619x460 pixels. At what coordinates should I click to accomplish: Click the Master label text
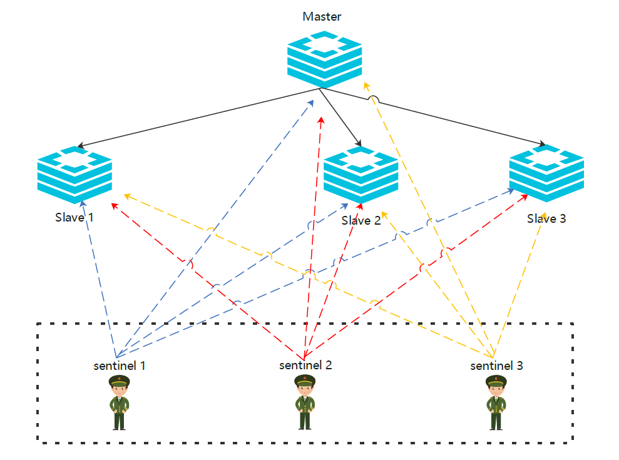click(x=322, y=16)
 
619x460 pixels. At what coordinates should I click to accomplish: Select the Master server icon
click(x=324, y=59)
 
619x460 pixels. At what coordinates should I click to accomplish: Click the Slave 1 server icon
click(x=74, y=175)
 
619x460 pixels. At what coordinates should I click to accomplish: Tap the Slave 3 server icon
click(x=546, y=174)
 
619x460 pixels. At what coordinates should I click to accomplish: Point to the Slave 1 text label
click(x=74, y=217)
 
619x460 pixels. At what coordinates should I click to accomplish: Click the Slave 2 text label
click(x=361, y=220)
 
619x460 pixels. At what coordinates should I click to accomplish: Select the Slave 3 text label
click(x=546, y=218)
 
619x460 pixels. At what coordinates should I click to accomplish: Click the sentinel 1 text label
click(x=120, y=365)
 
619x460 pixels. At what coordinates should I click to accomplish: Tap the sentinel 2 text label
click(x=305, y=365)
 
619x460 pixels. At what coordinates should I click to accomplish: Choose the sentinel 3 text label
click(x=496, y=365)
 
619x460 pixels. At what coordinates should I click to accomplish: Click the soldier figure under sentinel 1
click(x=119, y=402)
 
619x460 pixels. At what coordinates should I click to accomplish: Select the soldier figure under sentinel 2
click(x=305, y=402)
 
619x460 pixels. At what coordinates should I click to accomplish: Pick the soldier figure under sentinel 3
click(x=496, y=402)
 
